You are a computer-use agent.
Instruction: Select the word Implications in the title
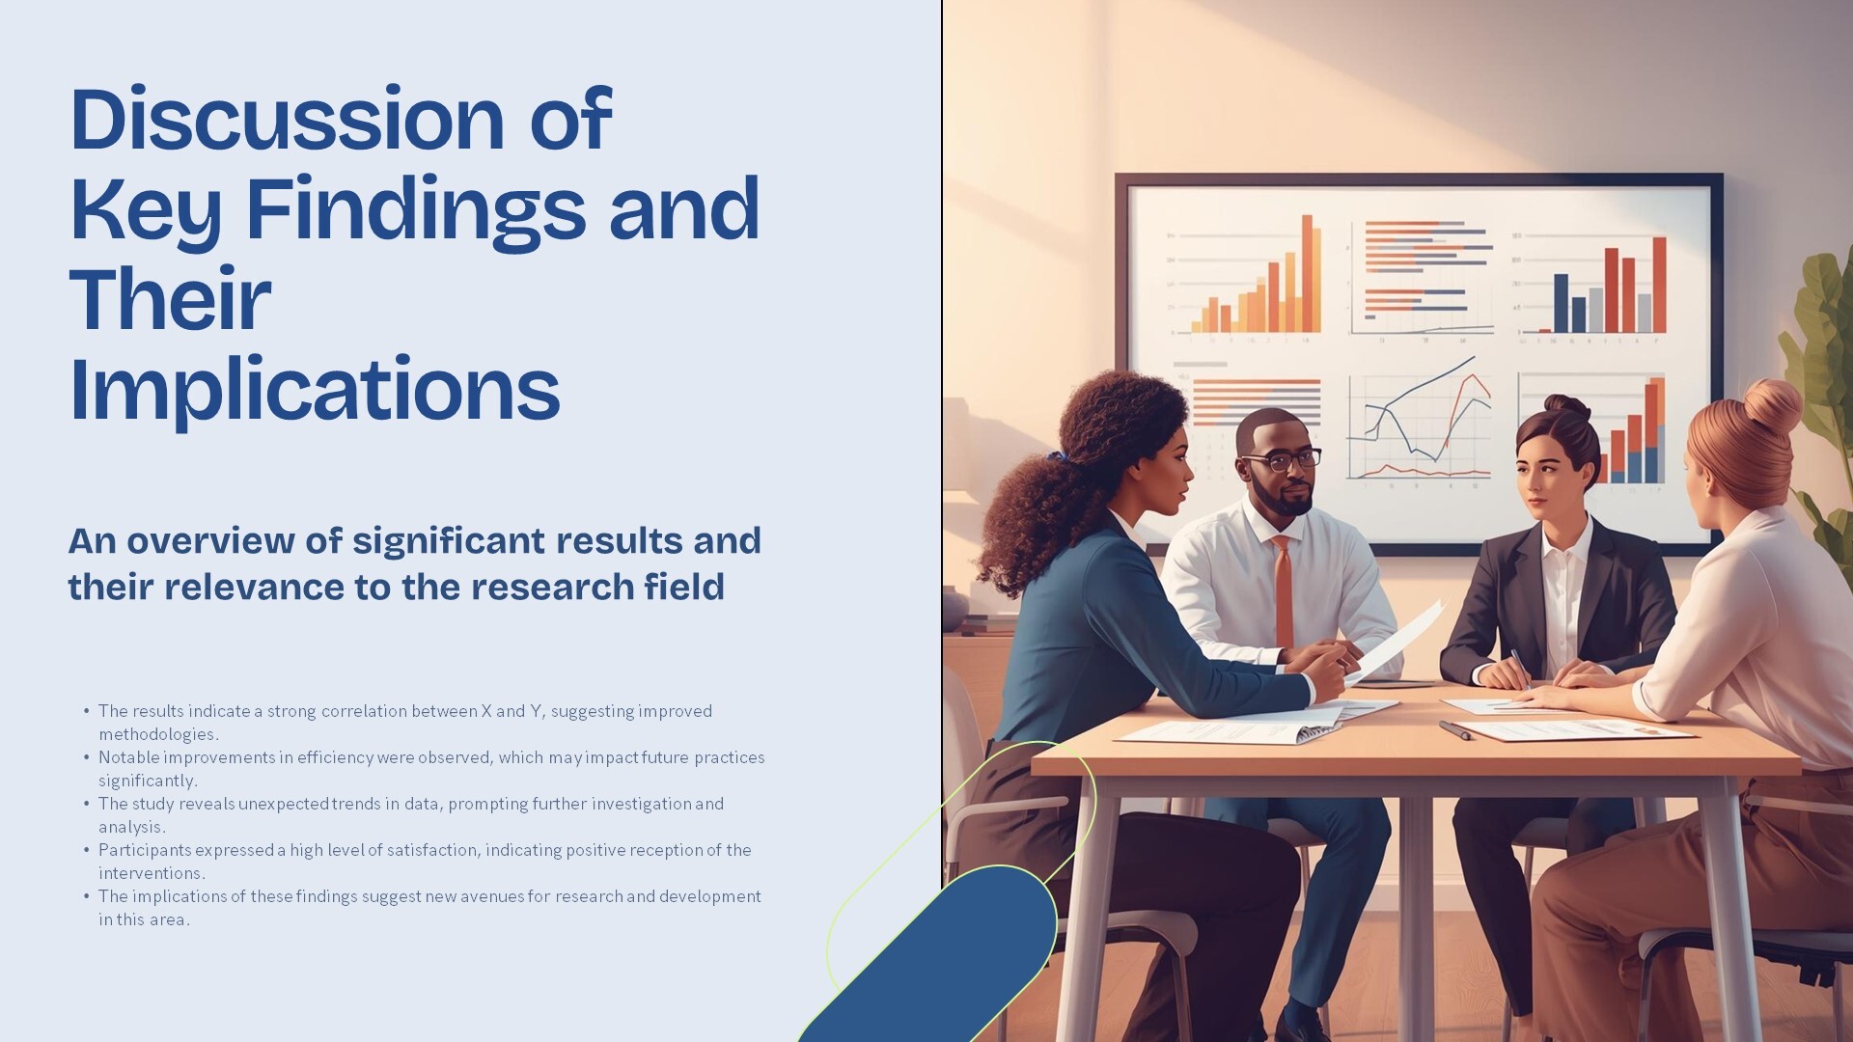tap(315, 390)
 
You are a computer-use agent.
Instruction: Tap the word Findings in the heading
tap(416, 210)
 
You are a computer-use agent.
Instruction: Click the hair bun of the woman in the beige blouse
tap(1773, 405)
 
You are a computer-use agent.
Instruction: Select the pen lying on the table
tap(1456, 730)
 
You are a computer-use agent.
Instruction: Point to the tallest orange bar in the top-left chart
tap(1310, 274)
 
